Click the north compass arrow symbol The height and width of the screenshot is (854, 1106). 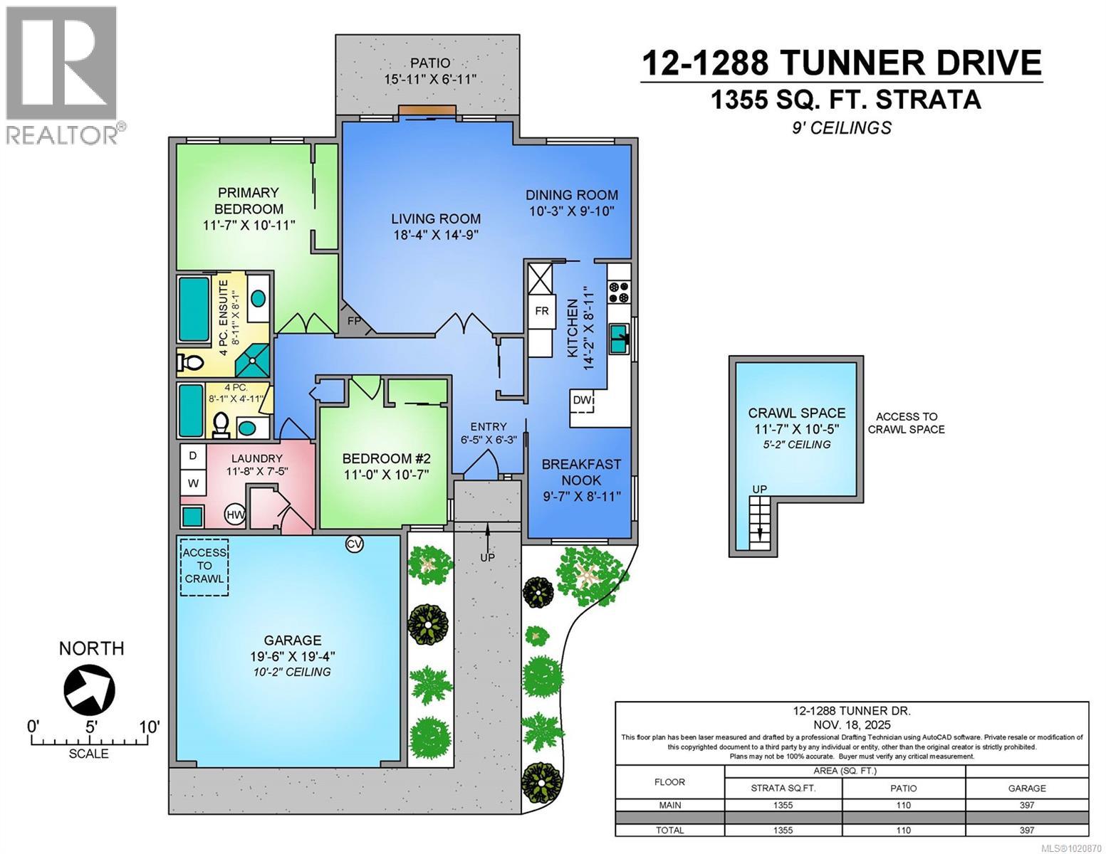(89, 689)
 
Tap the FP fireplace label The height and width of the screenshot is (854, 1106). (354, 321)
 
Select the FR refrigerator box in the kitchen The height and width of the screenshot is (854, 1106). (542, 312)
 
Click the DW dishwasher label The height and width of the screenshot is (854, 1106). (582, 401)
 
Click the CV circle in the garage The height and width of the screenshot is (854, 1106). (354, 544)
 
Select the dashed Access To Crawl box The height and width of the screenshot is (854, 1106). (204, 566)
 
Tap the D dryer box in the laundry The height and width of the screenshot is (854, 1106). (192, 455)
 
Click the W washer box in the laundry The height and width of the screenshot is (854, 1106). (192, 483)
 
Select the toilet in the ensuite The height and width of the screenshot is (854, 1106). (190, 364)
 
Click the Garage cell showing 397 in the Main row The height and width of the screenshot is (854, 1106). (1026, 806)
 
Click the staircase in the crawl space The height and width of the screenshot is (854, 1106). (760, 523)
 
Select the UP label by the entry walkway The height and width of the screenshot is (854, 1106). (487, 557)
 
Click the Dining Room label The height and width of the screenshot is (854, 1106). (572, 195)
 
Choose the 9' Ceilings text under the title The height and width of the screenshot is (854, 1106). (845, 128)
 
